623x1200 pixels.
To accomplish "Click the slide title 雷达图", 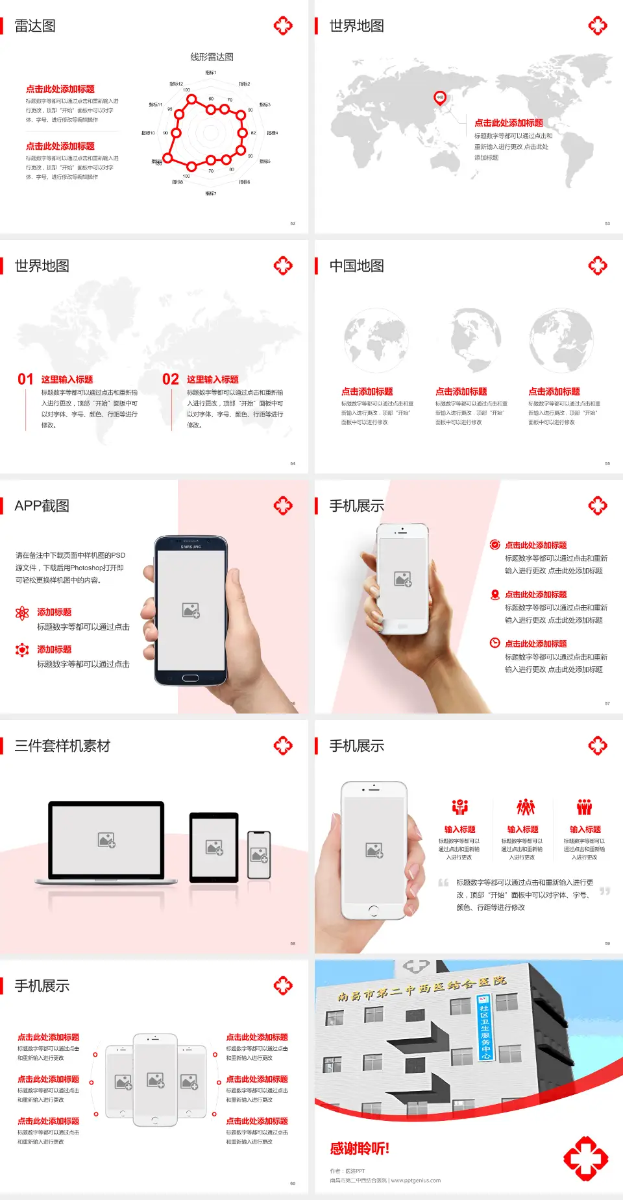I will click(x=35, y=26).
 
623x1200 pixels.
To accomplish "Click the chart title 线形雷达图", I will click(x=212, y=57).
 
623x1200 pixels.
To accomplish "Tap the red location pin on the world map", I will click(x=439, y=98).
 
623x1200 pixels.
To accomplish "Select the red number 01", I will click(x=25, y=379).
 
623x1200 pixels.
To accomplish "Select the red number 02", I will click(x=171, y=379).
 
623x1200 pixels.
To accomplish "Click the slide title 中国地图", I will click(x=356, y=266).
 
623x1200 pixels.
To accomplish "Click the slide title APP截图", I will click(x=42, y=506).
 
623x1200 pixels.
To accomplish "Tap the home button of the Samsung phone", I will click(x=190, y=678).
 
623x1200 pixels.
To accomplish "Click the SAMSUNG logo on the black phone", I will click(x=191, y=547).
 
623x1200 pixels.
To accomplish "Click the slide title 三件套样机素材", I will click(x=62, y=746).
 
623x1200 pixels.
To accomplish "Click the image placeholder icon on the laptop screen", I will click(x=106, y=840).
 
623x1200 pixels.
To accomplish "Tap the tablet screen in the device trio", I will click(x=214, y=846).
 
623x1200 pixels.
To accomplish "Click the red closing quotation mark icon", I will click(x=605, y=891).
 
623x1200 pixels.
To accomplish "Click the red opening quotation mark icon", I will click(x=443, y=882).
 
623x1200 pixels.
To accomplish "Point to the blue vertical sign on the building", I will click(x=484, y=1027).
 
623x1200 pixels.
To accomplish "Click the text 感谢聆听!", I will click(x=360, y=1149).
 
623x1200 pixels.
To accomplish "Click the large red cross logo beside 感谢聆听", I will click(x=585, y=1158).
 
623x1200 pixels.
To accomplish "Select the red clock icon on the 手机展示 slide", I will click(x=495, y=643).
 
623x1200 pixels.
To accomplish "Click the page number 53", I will click(x=607, y=223).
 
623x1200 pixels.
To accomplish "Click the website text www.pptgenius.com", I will click(x=415, y=1181).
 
